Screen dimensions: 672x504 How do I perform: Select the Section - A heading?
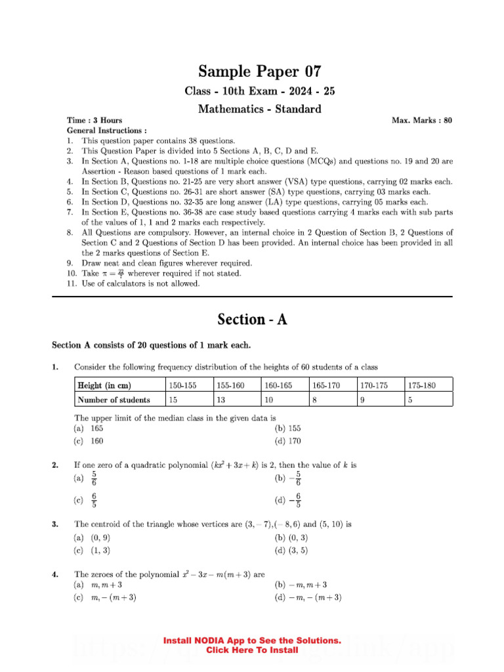point(252,320)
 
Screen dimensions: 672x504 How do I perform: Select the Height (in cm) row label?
point(104,385)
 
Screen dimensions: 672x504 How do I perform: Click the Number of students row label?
point(114,400)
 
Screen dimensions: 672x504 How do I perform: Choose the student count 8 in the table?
point(315,400)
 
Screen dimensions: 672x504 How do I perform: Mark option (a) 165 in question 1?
point(89,428)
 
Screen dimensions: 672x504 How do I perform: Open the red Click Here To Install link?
point(252,650)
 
